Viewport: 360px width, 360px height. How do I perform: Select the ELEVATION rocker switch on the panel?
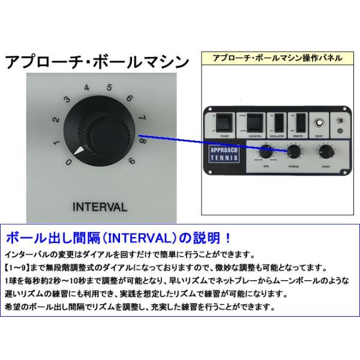(x=255, y=124)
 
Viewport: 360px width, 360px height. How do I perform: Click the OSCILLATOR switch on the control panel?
(x=278, y=124)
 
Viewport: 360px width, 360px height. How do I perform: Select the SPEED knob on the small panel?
(x=325, y=152)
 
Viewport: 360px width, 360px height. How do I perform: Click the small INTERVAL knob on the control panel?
(x=294, y=152)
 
